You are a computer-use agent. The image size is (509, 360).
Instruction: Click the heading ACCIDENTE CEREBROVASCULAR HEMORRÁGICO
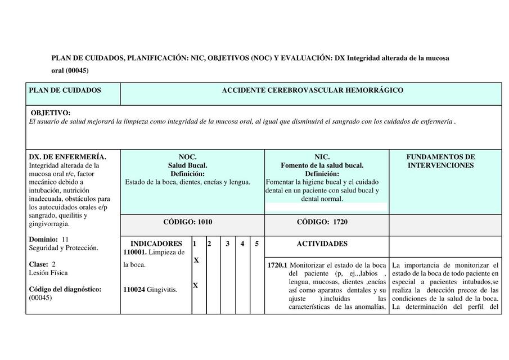312,91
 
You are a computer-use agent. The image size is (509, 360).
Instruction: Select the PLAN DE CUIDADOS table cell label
65,91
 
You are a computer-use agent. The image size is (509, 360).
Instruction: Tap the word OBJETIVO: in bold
51,113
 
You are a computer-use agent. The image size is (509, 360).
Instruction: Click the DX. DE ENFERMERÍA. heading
67,157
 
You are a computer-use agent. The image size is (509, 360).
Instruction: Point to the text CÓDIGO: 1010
188,222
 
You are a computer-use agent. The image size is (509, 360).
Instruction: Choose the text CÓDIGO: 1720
322,222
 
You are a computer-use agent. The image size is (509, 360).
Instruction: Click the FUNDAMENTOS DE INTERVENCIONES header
440,161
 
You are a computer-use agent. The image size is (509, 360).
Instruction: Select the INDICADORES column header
156,244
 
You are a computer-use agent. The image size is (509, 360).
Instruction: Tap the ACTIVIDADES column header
322,244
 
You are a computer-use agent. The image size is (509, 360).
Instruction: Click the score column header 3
228,244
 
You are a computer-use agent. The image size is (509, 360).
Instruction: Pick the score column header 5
257,244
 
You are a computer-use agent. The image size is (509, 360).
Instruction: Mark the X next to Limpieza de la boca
196,260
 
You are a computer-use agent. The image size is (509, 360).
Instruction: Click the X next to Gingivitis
196,285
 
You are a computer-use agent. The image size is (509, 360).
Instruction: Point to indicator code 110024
134,290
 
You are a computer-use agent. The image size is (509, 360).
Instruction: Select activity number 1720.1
277,265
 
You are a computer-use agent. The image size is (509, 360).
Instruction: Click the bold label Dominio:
43,239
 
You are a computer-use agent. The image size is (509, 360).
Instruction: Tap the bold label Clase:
39,264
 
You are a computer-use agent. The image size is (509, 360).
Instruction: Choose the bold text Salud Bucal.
187,165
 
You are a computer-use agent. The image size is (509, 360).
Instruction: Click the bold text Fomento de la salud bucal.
322,165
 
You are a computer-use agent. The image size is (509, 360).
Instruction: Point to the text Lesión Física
48,273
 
